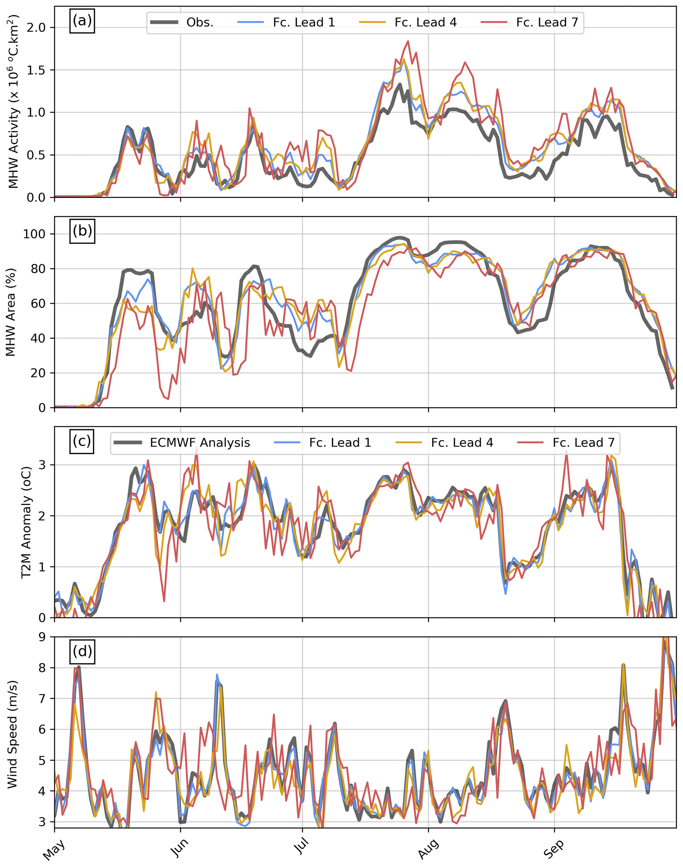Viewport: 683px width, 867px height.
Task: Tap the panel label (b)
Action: point(82,231)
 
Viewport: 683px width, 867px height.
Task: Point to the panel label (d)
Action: point(82,651)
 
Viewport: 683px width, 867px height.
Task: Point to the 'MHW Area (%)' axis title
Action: point(11,312)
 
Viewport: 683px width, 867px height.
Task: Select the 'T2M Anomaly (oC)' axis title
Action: point(26,522)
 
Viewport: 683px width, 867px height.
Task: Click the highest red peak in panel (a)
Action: point(408,41)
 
